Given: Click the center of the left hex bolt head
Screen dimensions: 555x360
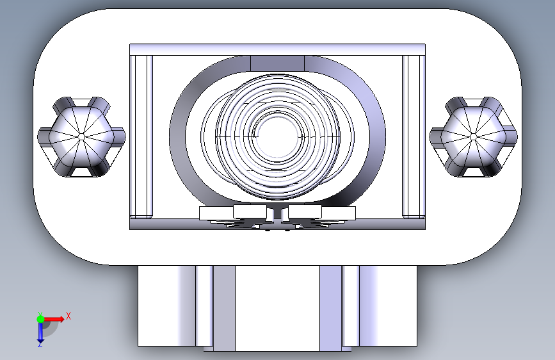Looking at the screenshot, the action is click(x=81, y=136).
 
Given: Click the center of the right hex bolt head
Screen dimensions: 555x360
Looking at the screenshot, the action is click(x=474, y=136).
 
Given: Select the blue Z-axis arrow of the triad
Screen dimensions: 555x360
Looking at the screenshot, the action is click(x=40, y=332).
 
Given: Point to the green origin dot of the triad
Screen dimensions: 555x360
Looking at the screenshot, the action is click(x=40, y=319).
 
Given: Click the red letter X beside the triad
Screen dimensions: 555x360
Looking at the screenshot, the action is click(x=68, y=316).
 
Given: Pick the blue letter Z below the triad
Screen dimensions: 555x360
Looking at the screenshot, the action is click(x=40, y=345).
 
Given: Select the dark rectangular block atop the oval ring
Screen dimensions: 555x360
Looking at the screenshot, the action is click(x=277, y=63).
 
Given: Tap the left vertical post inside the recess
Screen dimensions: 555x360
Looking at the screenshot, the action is click(x=141, y=136).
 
